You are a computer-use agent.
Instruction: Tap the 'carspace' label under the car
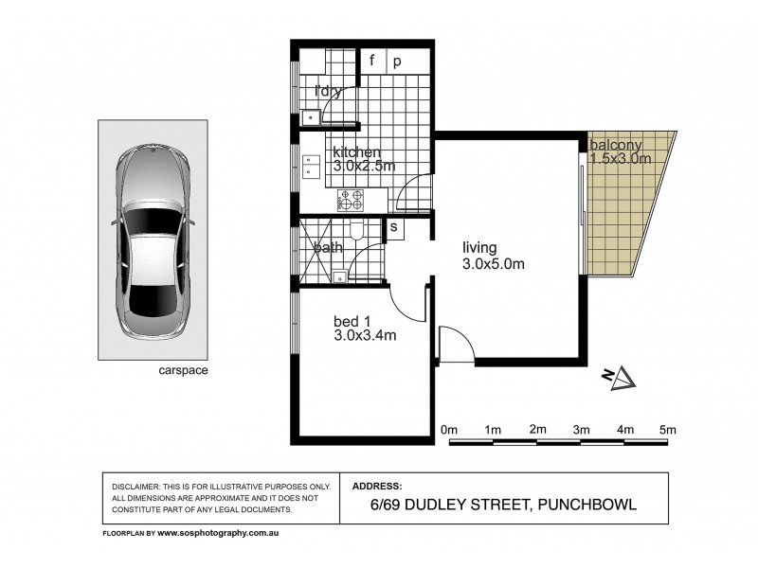point(184,371)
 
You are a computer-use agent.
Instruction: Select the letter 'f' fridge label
point(372,62)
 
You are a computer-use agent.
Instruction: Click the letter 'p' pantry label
point(397,62)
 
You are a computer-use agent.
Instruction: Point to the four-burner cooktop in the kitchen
point(351,200)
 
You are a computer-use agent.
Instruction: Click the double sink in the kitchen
point(311,167)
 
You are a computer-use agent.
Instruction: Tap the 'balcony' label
point(616,145)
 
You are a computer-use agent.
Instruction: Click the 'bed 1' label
point(352,320)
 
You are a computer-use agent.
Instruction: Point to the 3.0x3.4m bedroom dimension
point(365,334)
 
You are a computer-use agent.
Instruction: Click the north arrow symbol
point(621,378)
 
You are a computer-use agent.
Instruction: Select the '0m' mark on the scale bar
point(450,430)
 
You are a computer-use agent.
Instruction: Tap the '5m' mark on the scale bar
point(669,430)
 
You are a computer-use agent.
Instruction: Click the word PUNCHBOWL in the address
point(587,506)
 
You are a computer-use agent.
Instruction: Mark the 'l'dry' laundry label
point(328,91)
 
